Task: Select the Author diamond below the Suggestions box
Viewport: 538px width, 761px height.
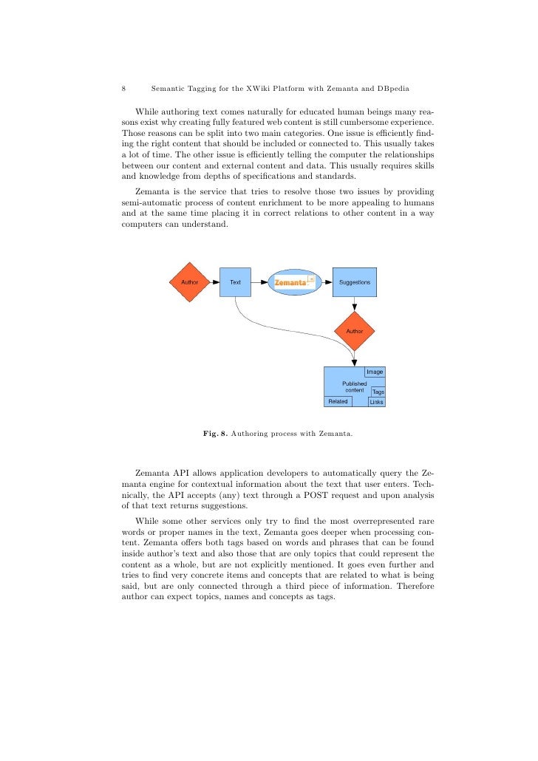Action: [x=355, y=331]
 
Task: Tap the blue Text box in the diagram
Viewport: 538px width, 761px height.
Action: [x=236, y=282]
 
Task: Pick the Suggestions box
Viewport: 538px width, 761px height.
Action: [x=355, y=282]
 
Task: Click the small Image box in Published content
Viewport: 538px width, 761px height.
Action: [x=375, y=372]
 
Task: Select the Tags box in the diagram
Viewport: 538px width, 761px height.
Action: [x=378, y=392]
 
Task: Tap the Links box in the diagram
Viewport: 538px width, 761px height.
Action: [x=377, y=402]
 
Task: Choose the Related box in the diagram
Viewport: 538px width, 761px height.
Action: [x=338, y=401]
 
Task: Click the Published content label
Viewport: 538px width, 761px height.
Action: [x=354, y=386]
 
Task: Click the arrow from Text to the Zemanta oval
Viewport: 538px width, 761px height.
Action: [x=259, y=282]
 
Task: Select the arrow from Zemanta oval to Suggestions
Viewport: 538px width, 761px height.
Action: [x=327, y=282]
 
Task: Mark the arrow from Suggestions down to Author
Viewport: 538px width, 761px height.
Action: [x=355, y=303]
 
